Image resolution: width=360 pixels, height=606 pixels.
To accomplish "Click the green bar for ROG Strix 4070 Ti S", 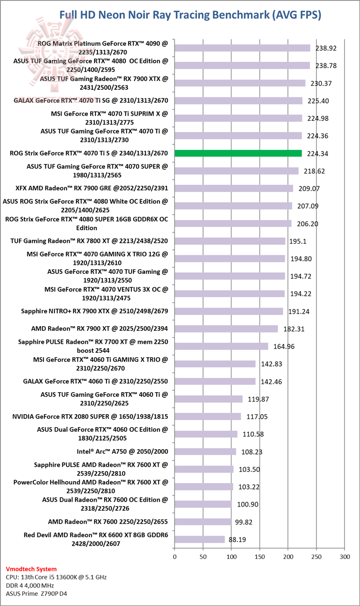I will click(238, 153).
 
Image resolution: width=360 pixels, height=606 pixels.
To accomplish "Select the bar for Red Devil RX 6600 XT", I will click(199, 540).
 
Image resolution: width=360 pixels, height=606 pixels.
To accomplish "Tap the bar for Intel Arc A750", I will click(205, 452).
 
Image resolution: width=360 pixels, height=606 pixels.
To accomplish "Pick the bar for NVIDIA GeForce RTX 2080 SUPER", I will click(207, 417).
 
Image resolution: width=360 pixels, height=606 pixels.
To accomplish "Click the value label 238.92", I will click(326, 48).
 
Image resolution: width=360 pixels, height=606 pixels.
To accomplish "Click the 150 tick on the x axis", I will click(259, 556).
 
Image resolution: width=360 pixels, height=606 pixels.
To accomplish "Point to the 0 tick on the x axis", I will click(174, 556).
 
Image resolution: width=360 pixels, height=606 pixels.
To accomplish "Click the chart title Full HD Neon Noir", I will click(190, 15).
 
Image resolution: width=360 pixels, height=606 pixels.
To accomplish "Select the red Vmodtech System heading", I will click(31, 569).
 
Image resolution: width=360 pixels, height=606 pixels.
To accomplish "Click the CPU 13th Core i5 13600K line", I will click(56, 577).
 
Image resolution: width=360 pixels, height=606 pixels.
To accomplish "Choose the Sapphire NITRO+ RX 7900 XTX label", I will click(94, 311).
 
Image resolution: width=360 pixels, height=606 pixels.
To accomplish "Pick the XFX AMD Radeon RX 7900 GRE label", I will click(92, 188).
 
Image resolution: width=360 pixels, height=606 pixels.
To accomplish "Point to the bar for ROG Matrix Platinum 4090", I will click(242, 48).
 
